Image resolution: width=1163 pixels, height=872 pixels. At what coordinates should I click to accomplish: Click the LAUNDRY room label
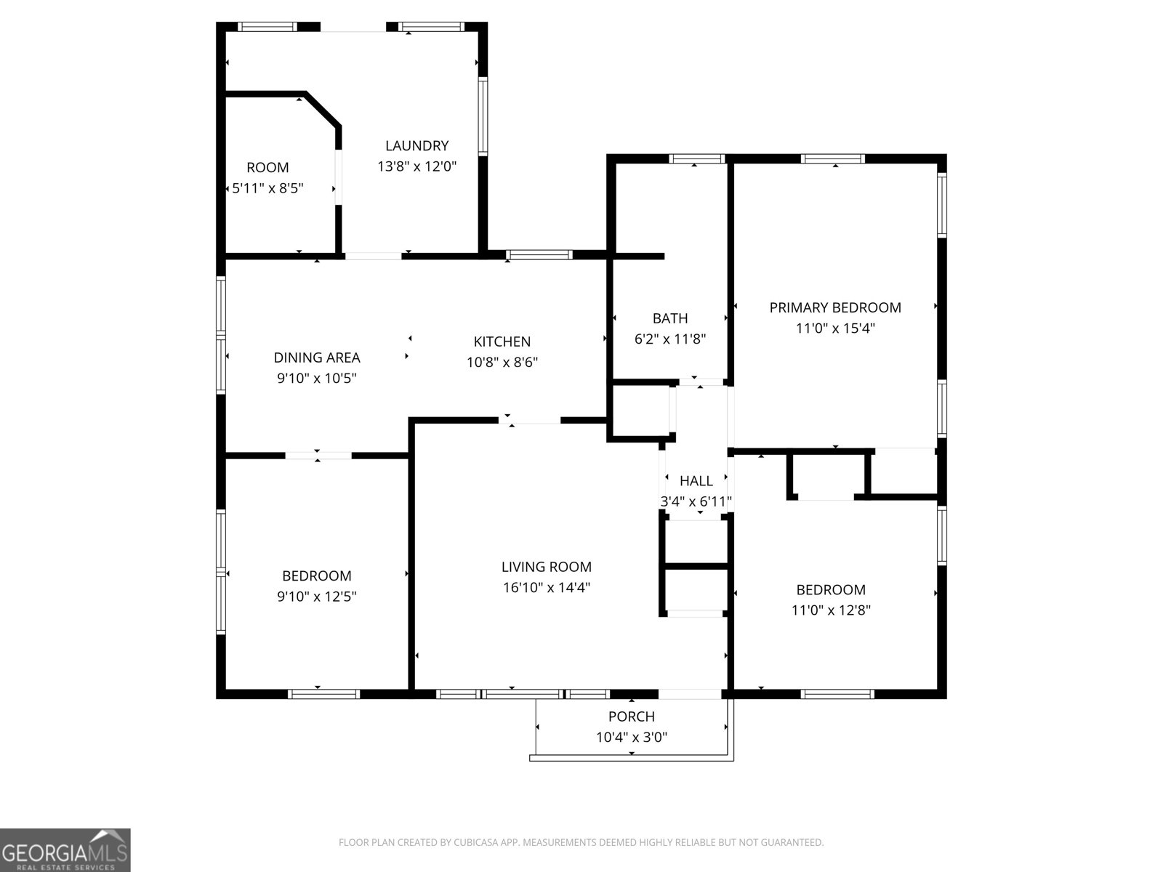(x=416, y=145)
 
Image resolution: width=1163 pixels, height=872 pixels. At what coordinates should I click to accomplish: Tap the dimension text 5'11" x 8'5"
(x=267, y=188)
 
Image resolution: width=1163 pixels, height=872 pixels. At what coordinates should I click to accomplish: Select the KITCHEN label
(x=502, y=342)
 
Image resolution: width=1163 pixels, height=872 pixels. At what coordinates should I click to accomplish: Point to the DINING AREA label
(x=316, y=358)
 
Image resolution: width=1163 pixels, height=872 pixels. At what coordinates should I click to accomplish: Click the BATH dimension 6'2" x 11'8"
(x=670, y=339)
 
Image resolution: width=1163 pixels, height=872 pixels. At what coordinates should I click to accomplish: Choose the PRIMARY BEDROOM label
(x=835, y=307)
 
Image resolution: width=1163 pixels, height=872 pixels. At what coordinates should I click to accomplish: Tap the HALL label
(x=696, y=480)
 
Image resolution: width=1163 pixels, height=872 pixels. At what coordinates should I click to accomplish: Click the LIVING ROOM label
(x=546, y=567)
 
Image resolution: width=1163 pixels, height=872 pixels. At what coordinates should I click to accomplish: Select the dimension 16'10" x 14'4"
(x=546, y=587)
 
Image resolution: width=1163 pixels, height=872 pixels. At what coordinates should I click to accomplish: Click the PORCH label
(x=631, y=716)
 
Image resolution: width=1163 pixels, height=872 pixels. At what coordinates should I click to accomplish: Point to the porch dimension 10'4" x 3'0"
(x=631, y=737)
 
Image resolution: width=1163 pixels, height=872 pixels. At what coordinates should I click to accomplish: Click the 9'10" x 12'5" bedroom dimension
(x=316, y=597)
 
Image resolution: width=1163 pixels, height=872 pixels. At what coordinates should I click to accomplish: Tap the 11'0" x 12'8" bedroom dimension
(x=831, y=610)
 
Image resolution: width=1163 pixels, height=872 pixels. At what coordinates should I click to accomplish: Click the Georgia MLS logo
(x=65, y=850)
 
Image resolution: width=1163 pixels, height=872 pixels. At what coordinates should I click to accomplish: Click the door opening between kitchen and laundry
(x=373, y=256)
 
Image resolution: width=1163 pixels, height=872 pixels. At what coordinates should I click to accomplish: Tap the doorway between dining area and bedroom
(x=318, y=456)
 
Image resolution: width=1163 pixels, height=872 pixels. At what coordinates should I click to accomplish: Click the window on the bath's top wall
(x=696, y=159)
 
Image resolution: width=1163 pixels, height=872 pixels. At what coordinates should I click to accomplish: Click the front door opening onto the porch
(x=691, y=694)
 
